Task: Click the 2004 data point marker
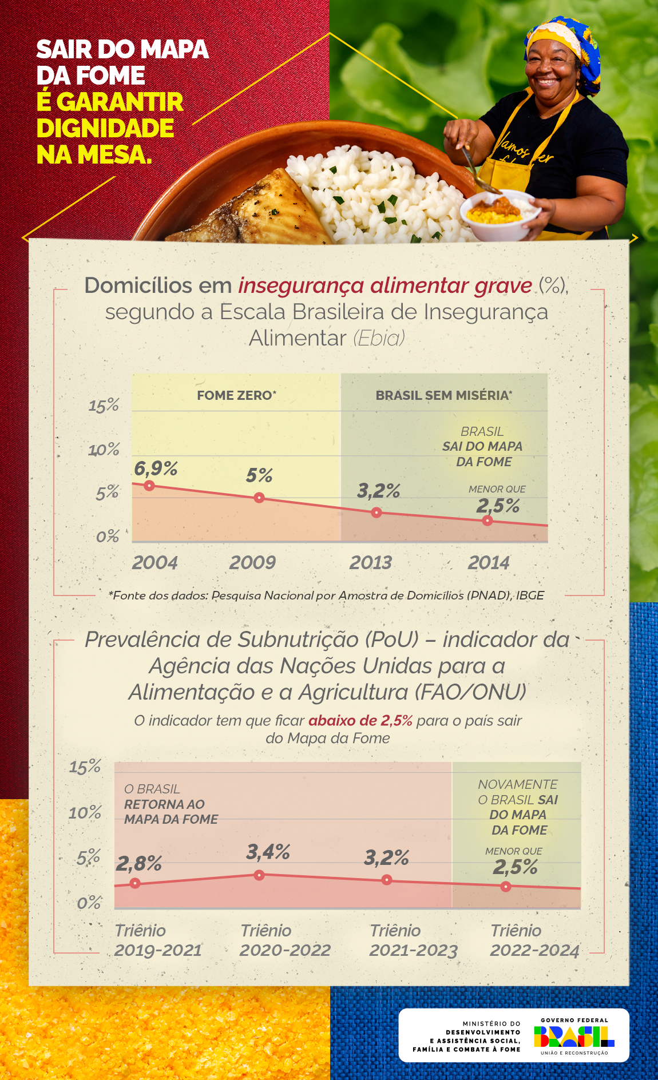(149, 486)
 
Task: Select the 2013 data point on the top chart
(376, 513)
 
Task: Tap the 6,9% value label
(156, 468)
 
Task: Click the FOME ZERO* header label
(236, 395)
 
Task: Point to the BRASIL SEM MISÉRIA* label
(443, 395)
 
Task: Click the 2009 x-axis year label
(252, 563)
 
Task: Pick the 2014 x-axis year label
(488, 563)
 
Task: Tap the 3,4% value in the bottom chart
(268, 852)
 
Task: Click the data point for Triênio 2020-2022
(259, 875)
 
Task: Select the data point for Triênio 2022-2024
(506, 887)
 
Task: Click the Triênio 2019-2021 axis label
(158, 940)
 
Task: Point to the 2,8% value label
(138, 864)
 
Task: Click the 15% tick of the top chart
(104, 406)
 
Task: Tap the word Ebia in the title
(379, 338)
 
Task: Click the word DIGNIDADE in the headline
(105, 128)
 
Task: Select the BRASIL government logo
(574, 1036)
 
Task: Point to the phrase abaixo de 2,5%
(360, 720)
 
